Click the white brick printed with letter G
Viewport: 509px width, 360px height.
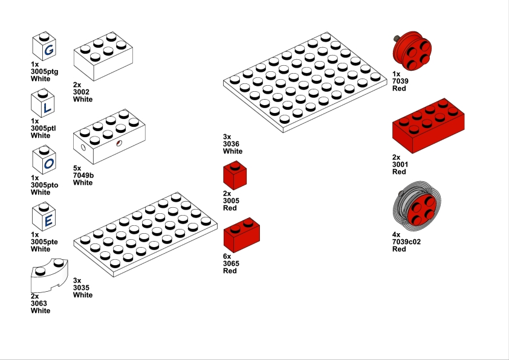click(44, 47)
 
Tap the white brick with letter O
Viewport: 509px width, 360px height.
click(44, 161)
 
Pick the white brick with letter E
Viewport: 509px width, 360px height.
click(44, 217)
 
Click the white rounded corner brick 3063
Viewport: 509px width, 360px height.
click(48, 275)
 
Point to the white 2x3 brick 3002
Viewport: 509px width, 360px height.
click(103, 57)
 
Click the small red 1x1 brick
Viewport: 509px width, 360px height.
click(236, 176)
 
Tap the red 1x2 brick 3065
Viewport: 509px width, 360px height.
click(242, 236)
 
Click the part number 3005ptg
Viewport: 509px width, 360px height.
click(44, 71)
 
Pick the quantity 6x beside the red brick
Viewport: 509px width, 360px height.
click(228, 256)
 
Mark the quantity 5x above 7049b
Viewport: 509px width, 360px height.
click(77, 168)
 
